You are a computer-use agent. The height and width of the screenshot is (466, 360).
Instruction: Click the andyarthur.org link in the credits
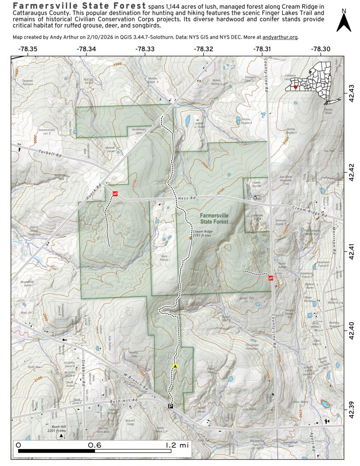click(280, 37)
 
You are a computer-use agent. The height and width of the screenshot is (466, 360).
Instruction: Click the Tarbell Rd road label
click(50, 154)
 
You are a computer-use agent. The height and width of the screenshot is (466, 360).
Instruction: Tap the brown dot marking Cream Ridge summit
click(190, 238)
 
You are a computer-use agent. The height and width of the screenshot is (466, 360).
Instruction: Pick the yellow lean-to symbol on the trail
click(175, 366)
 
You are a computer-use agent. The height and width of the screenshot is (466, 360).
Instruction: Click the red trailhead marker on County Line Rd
click(271, 278)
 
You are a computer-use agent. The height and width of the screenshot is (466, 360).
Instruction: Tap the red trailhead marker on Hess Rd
click(116, 194)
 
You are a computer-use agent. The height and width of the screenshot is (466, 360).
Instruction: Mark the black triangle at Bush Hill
click(61, 436)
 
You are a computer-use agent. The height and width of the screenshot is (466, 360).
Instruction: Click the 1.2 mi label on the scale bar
click(176, 445)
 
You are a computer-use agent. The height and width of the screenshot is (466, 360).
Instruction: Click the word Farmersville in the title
click(40, 7)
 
